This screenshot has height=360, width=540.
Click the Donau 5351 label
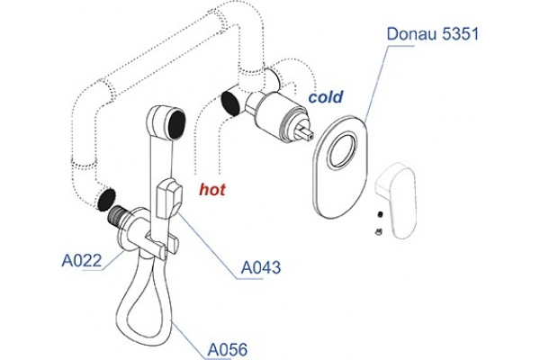point(433,34)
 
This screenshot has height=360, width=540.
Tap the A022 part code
point(82,260)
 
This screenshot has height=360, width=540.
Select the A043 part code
point(261,267)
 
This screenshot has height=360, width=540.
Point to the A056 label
point(228,350)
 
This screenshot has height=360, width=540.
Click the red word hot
point(212,190)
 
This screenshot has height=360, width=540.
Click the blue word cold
point(326,97)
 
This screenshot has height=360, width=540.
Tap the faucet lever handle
point(396,201)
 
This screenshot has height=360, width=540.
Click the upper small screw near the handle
point(380,214)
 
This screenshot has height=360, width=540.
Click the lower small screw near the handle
point(379,232)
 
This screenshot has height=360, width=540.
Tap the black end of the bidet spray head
point(177,123)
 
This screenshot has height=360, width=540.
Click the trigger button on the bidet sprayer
point(169,199)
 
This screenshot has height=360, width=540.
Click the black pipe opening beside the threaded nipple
point(106,200)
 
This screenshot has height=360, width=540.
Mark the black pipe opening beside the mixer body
point(231,103)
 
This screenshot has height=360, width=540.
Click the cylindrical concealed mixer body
point(275,113)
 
